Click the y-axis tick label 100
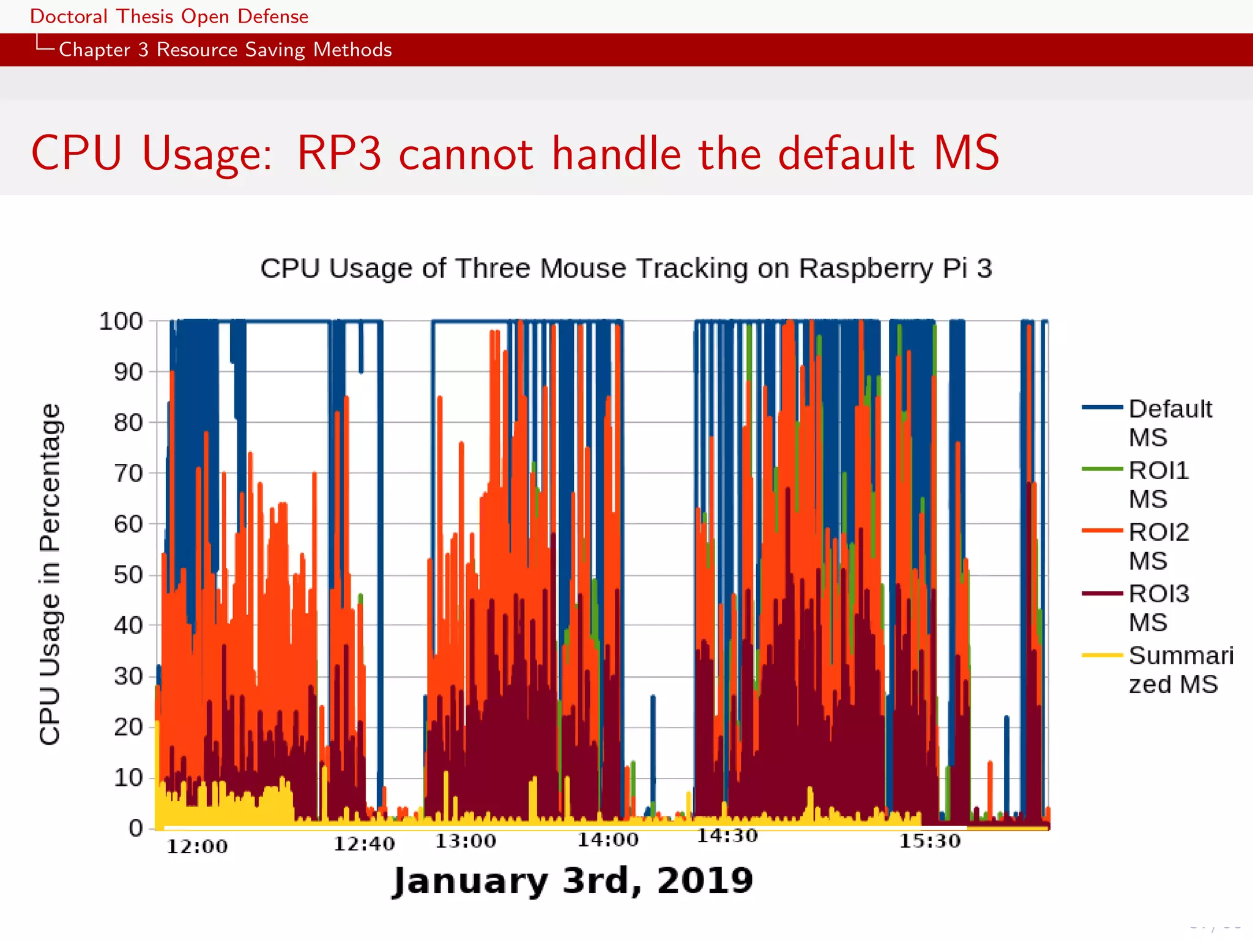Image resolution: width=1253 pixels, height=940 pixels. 121,321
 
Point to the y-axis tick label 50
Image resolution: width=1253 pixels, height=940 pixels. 128,575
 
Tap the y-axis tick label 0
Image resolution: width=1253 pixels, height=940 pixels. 135,829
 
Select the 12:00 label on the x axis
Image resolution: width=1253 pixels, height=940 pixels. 197,847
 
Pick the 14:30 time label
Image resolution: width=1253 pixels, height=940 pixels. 727,836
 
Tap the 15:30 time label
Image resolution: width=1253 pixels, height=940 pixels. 929,841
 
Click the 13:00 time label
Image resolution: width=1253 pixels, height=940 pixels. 466,841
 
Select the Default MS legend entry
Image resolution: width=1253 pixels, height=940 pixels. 1169,423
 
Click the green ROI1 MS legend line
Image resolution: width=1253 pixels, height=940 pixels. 1102,469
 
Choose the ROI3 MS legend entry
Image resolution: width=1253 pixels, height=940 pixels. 1158,608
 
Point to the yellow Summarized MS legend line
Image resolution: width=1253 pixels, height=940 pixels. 1102,655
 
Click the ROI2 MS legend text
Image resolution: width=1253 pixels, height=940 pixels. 1158,546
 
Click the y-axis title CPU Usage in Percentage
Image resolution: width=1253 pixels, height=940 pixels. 50,574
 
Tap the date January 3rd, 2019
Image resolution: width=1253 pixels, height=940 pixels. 573,881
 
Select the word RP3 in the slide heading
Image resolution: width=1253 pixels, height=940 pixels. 339,153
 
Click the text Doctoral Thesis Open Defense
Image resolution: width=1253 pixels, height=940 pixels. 169,17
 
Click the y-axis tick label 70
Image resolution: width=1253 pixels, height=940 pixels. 128,474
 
